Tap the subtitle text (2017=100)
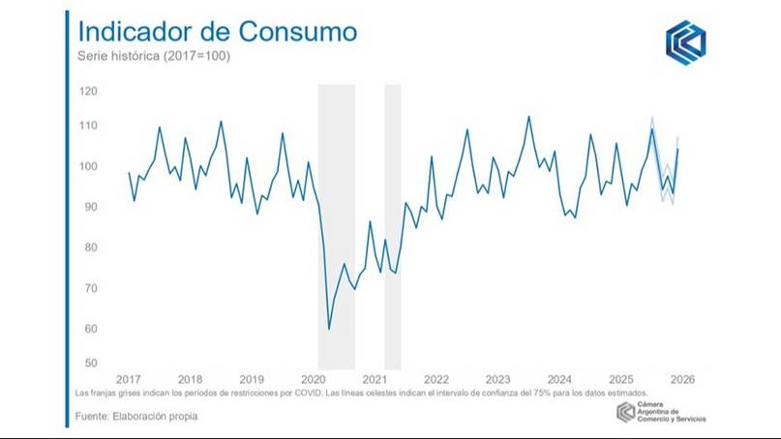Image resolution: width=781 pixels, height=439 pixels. [x=196, y=55]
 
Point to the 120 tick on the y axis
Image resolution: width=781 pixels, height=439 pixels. [x=90, y=91]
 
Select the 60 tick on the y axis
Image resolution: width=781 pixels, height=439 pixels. [x=91, y=329]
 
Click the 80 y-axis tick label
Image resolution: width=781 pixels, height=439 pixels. [x=91, y=248]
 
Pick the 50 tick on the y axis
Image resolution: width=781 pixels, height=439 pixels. [x=91, y=364]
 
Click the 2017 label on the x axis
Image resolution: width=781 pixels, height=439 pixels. [x=129, y=379]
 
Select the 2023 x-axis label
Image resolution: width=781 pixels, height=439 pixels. [x=497, y=379]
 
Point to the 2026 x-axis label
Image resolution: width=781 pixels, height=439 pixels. [x=681, y=379]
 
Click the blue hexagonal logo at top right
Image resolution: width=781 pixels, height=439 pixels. [x=685, y=43]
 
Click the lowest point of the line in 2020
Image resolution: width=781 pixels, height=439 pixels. [x=329, y=330]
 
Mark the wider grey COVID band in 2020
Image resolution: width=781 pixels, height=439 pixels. [x=336, y=222]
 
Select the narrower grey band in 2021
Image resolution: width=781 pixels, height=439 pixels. [x=393, y=222]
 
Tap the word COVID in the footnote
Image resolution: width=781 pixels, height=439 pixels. [x=298, y=395]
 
